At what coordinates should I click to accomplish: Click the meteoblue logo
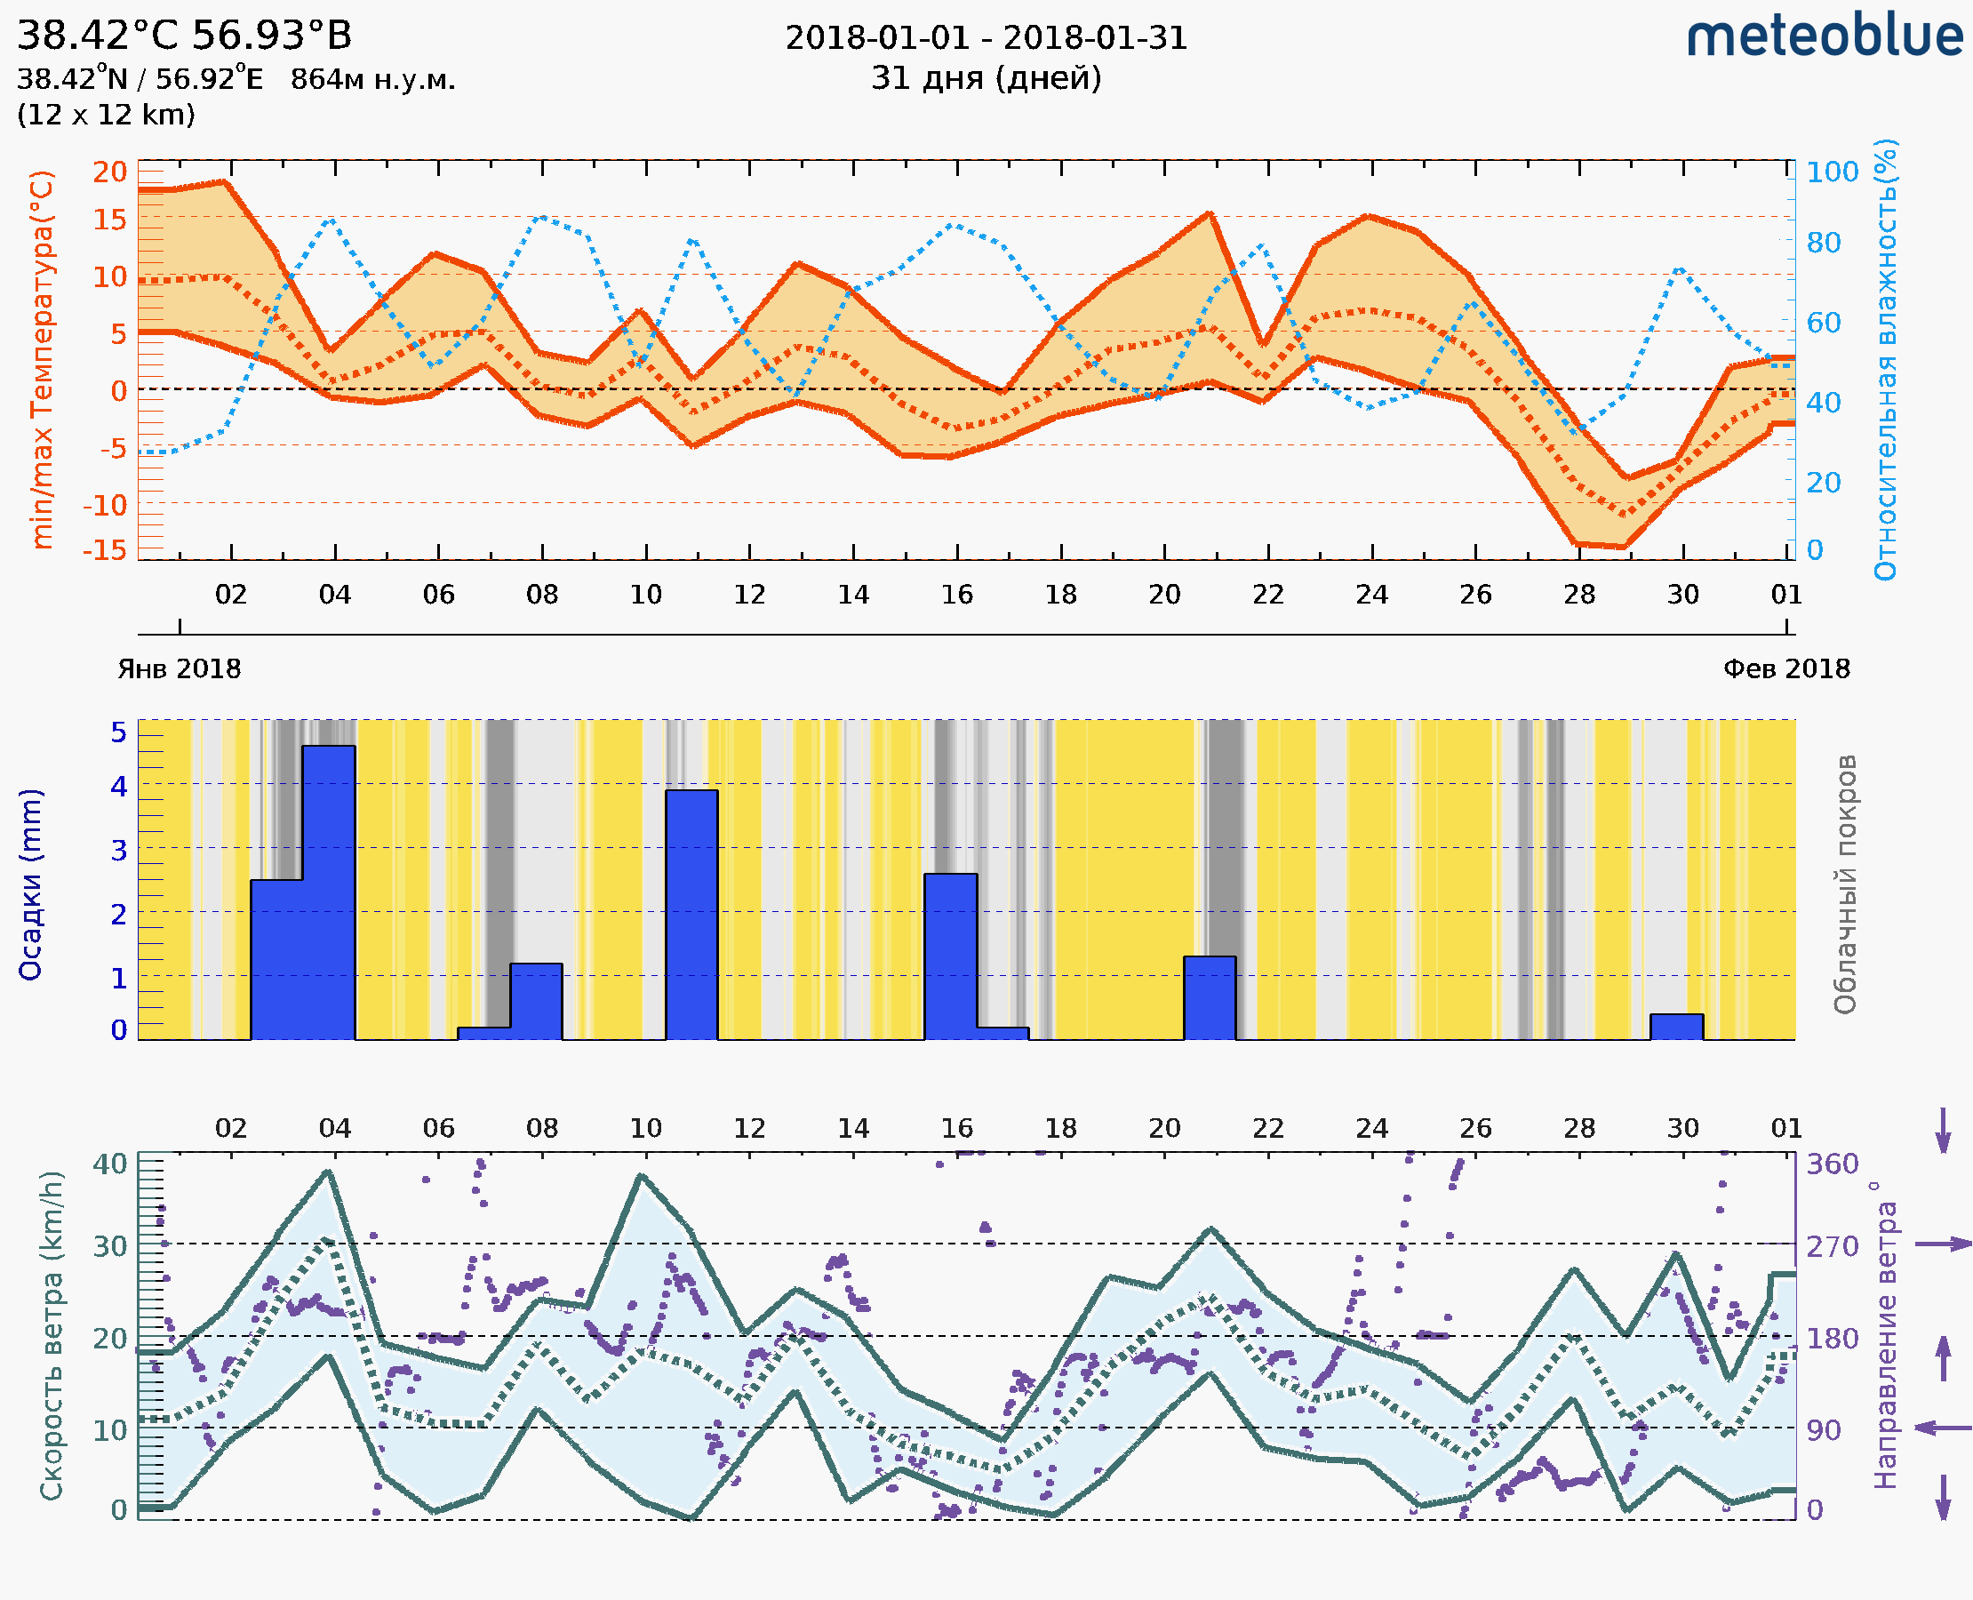[1824, 36]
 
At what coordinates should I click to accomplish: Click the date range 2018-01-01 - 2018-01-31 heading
[986, 38]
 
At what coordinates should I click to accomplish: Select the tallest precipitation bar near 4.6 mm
[328, 892]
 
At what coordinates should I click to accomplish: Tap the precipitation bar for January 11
[691, 914]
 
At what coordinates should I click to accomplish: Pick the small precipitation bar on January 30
[1676, 1026]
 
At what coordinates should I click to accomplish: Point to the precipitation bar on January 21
[1209, 997]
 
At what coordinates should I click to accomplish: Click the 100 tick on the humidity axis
[1832, 172]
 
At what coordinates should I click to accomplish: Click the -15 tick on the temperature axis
[104, 550]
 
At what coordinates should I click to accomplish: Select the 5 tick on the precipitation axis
[119, 732]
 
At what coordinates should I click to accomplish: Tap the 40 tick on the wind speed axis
[110, 1164]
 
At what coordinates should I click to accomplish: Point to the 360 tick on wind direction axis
[1832, 1164]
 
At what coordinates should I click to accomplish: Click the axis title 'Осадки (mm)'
[30, 884]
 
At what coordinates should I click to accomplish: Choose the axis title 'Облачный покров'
[1844, 884]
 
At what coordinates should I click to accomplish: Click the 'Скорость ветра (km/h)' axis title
[52, 1335]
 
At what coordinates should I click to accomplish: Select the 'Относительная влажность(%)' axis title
[1885, 359]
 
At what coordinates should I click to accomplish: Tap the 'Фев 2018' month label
[1786, 669]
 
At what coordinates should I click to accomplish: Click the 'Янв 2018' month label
[179, 669]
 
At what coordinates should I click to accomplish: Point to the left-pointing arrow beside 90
[1943, 1428]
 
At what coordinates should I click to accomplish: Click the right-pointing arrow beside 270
[1943, 1244]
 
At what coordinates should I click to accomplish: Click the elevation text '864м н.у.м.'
[372, 80]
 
